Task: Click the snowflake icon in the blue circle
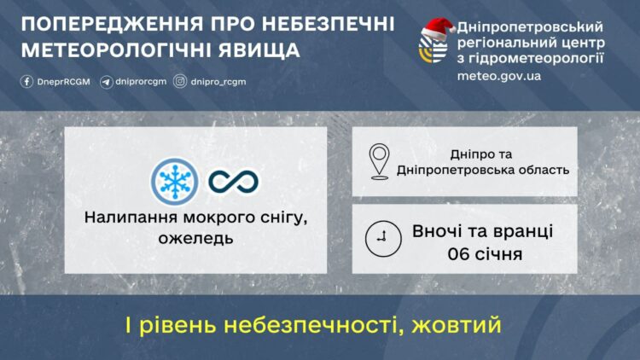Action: pos(174,181)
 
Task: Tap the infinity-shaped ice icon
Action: pos(234,181)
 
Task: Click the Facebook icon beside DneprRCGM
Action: pos(27,82)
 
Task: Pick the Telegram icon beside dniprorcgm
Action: pos(106,82)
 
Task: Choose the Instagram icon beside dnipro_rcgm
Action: pos(180,82)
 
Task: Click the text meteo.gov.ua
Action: pos(499,75)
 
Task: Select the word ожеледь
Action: pos(195,238)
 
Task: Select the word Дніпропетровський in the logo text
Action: pos(531,26)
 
